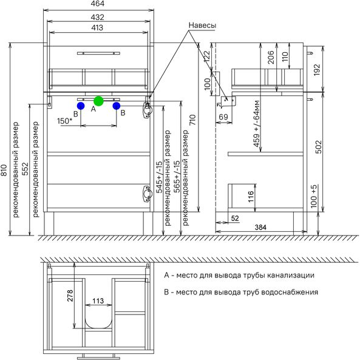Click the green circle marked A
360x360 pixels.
(x=99, y=101)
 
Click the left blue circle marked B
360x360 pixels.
(x=81, y=106)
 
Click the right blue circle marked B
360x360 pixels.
(x=117, y=106)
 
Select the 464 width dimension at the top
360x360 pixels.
(x=98, y=4)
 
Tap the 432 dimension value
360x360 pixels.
(x=97, y=17)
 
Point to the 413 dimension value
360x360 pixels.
(x=97, y=28)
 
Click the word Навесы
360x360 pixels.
(x=202, y=25)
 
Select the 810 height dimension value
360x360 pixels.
(x=5, y=170)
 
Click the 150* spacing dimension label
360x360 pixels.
(x=65, y=121)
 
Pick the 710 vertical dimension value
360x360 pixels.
(x=192, y=120)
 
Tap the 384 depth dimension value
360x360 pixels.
(x=260, y=227)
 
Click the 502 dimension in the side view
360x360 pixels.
(x=319, y=147)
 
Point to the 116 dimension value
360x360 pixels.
(x=251, y=196)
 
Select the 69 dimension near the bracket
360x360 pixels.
(x=223, y=117)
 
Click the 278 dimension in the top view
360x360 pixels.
(x=70, y=296)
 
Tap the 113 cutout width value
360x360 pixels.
(x=98, y=301)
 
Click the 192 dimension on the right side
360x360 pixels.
(x=317, y=70)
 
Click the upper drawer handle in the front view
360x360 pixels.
(x=98, y=53)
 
